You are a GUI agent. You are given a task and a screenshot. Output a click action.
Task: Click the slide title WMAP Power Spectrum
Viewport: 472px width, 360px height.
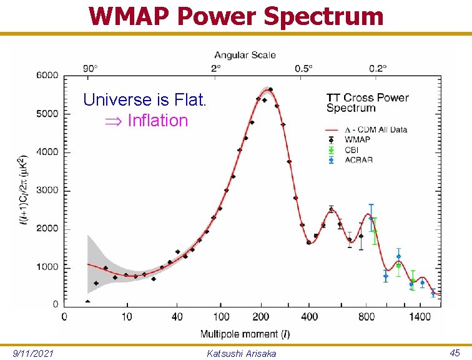[x=235, y=16]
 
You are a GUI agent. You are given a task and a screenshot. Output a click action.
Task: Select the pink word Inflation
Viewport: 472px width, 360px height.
[x=157, y=120]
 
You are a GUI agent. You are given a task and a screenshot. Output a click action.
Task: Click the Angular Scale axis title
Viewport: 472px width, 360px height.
[x=245, y=56]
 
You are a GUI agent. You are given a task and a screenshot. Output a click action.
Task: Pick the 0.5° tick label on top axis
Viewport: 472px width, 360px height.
[x=305, y=67]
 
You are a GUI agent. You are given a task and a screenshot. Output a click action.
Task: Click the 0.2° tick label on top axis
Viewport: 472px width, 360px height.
[x=377, y=67]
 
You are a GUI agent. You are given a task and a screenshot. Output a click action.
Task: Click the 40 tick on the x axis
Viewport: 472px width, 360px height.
[x=178, y=317]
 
